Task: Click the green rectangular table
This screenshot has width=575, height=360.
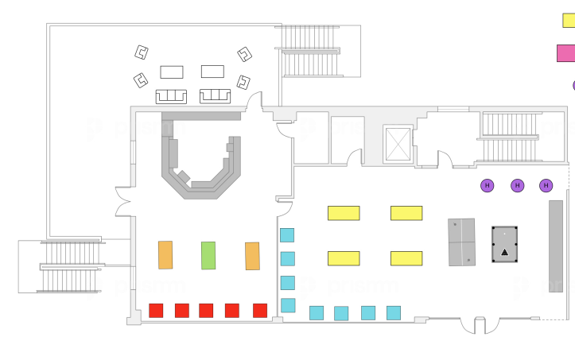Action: coord(208,255)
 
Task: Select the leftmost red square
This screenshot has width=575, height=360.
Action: coord(156,310)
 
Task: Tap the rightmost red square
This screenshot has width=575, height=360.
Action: coord(260,310)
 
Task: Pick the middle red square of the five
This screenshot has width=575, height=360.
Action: coord(206,310)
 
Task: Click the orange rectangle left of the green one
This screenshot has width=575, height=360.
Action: coord(165,254)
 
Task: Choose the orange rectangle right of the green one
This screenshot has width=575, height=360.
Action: coord(252,256)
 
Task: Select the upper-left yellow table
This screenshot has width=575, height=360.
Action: coord(344,213)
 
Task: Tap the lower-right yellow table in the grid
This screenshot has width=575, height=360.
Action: coord(406,258)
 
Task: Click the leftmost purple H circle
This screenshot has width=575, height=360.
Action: coord(488,185)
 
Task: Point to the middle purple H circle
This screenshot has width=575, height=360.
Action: coord(517,185)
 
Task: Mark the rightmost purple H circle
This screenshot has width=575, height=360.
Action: coord(546,185)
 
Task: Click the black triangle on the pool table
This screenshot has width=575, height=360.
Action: coord(504,253)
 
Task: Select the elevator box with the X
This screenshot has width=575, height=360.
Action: coord(398,144)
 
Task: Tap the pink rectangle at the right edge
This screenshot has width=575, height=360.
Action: coord(566,53)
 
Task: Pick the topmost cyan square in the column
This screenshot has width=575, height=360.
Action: coord(287,235)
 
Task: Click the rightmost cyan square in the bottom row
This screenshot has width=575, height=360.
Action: coord(394,313)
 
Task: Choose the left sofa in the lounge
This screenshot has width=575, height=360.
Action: coord(171,95)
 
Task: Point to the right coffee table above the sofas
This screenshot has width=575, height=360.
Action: coord(212,72)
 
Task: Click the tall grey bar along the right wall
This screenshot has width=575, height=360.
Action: coord(556,246)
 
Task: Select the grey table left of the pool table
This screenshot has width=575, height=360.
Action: coord(461,242)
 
